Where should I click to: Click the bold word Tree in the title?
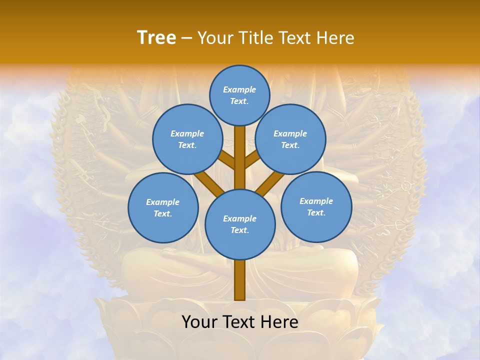[156, 38]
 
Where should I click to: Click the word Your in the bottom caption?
[199, 322]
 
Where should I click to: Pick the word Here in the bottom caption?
[279, 322]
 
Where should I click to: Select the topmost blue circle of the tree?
[239, 95]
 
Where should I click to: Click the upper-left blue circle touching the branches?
[187, 139]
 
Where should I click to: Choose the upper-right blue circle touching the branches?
[290, 139]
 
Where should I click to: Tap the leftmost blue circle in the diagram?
[163, 207]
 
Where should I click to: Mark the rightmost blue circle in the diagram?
[316, 206]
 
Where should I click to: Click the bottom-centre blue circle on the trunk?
[240, 224]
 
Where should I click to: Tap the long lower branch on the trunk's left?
[209, 183]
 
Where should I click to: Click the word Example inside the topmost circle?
[239, 90]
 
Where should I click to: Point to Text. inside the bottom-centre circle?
[239, 230]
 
